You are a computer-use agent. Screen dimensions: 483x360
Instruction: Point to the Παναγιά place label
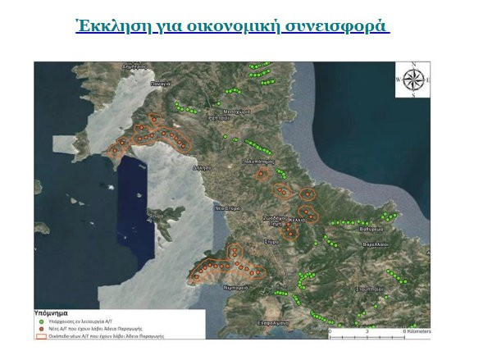click(161, 84)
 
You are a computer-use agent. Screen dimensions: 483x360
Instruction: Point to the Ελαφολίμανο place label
click(296, 323)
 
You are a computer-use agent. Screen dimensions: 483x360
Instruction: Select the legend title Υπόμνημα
click(57, 312)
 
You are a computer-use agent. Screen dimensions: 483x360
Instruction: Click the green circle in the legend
click(39, 321)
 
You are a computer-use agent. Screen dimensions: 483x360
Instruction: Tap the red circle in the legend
click(39, 328)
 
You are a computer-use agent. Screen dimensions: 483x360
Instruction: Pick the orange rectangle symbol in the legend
click(39, 335)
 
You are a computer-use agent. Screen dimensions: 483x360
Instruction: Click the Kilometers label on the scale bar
click(414, 330)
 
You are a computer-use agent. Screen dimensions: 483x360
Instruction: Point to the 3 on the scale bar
click(368, 330)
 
